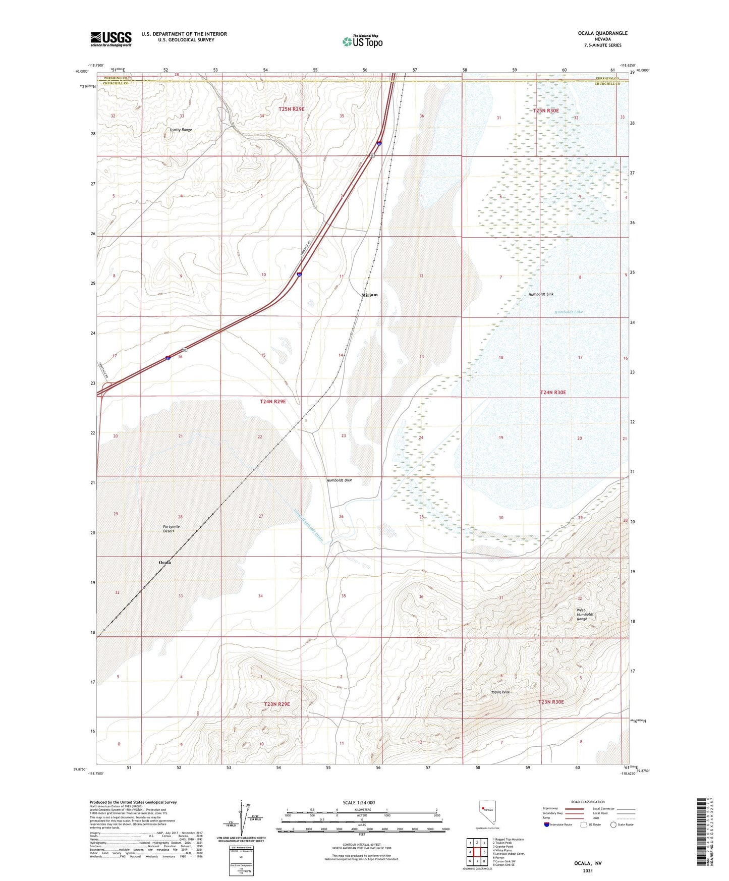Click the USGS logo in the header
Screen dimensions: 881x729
(110, 39)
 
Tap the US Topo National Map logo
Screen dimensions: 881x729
(362, 41)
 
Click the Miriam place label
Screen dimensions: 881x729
(369, 295)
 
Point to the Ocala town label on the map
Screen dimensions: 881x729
(165, 562)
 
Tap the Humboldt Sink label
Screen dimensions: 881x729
(541, 294)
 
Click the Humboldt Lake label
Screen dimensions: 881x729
(569, 312)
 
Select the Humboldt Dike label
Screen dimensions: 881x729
(339, 480)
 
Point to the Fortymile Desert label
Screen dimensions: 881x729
(172, 528)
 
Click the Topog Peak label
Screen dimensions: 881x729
(500, 692)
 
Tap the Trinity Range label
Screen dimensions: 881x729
(181, 130)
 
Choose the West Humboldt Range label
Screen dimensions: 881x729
(585, 615)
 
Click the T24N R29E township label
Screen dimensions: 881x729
(272, 402)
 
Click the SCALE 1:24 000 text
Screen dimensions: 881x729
(359, 802)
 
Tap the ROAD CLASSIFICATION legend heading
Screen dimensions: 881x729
(588, 802)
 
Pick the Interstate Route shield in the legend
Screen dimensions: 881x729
(547, 824)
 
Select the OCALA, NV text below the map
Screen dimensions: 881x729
(588, 863)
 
